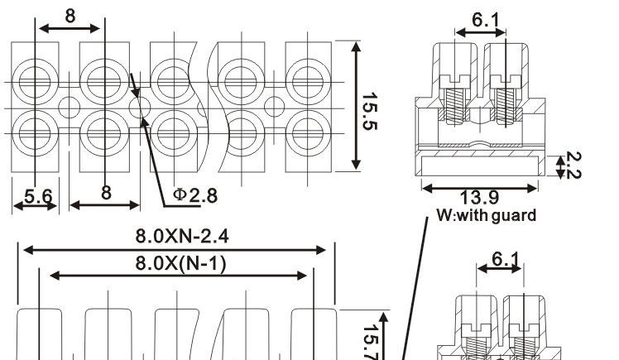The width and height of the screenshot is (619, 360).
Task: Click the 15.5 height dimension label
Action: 370,112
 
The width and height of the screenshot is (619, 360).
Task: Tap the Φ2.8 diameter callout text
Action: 195,195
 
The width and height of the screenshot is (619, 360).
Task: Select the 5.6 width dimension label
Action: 38,196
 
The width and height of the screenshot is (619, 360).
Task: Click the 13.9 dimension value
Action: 479,197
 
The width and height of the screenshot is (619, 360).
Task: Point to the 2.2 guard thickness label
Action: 573,165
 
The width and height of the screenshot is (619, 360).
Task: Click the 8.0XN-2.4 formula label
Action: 182,236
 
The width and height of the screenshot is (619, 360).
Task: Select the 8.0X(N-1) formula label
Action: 180,263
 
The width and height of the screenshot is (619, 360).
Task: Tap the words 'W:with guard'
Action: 487,215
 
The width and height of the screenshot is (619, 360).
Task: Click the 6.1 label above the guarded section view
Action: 486,20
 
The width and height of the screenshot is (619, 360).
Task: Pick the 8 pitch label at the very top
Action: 70,17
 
